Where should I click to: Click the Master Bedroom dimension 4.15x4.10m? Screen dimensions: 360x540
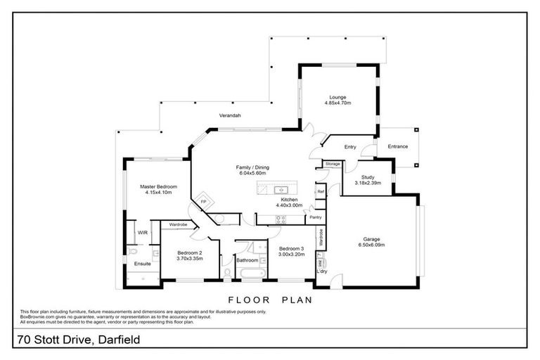click(x=157, y=193)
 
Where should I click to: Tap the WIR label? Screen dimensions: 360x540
click(x=142, y=232)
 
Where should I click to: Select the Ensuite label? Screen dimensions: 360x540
click(x=143, y=264)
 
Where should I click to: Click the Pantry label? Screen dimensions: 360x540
click(x=316, y=217)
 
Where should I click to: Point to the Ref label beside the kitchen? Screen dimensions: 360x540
click(x=320, y=191)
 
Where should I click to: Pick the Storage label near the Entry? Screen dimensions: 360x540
click(x=332, y=164)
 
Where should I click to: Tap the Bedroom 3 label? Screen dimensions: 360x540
click(x=291, y=248)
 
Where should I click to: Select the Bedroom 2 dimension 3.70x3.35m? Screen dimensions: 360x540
click(x=189, y=258)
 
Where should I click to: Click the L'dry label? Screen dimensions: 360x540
click(x=323, y=271)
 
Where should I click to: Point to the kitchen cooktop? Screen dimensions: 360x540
click(x=280, y=218)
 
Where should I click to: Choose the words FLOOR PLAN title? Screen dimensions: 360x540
click(x=269, y=299)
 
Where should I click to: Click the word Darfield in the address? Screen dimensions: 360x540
click(x=115, y=340)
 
